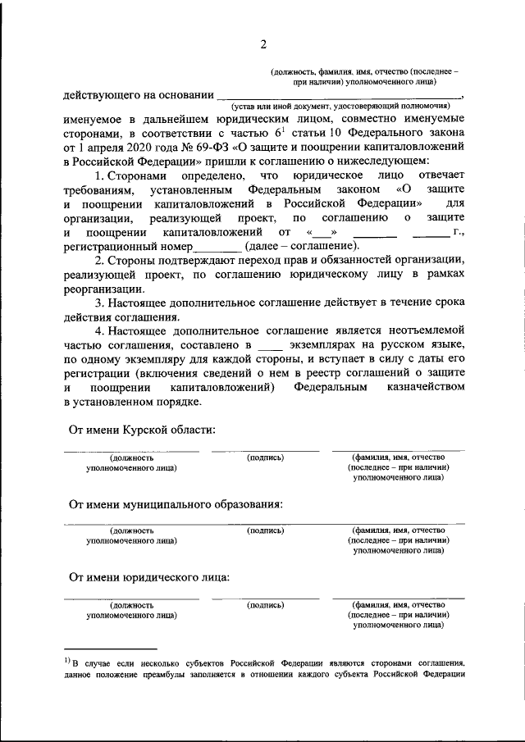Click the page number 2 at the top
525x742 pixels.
point(262,43)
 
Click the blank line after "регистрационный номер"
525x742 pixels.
point(217,246)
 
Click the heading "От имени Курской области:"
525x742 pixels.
point(142,430)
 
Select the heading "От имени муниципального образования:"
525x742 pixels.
point(176,504)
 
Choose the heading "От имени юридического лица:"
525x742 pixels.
point(148,577)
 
